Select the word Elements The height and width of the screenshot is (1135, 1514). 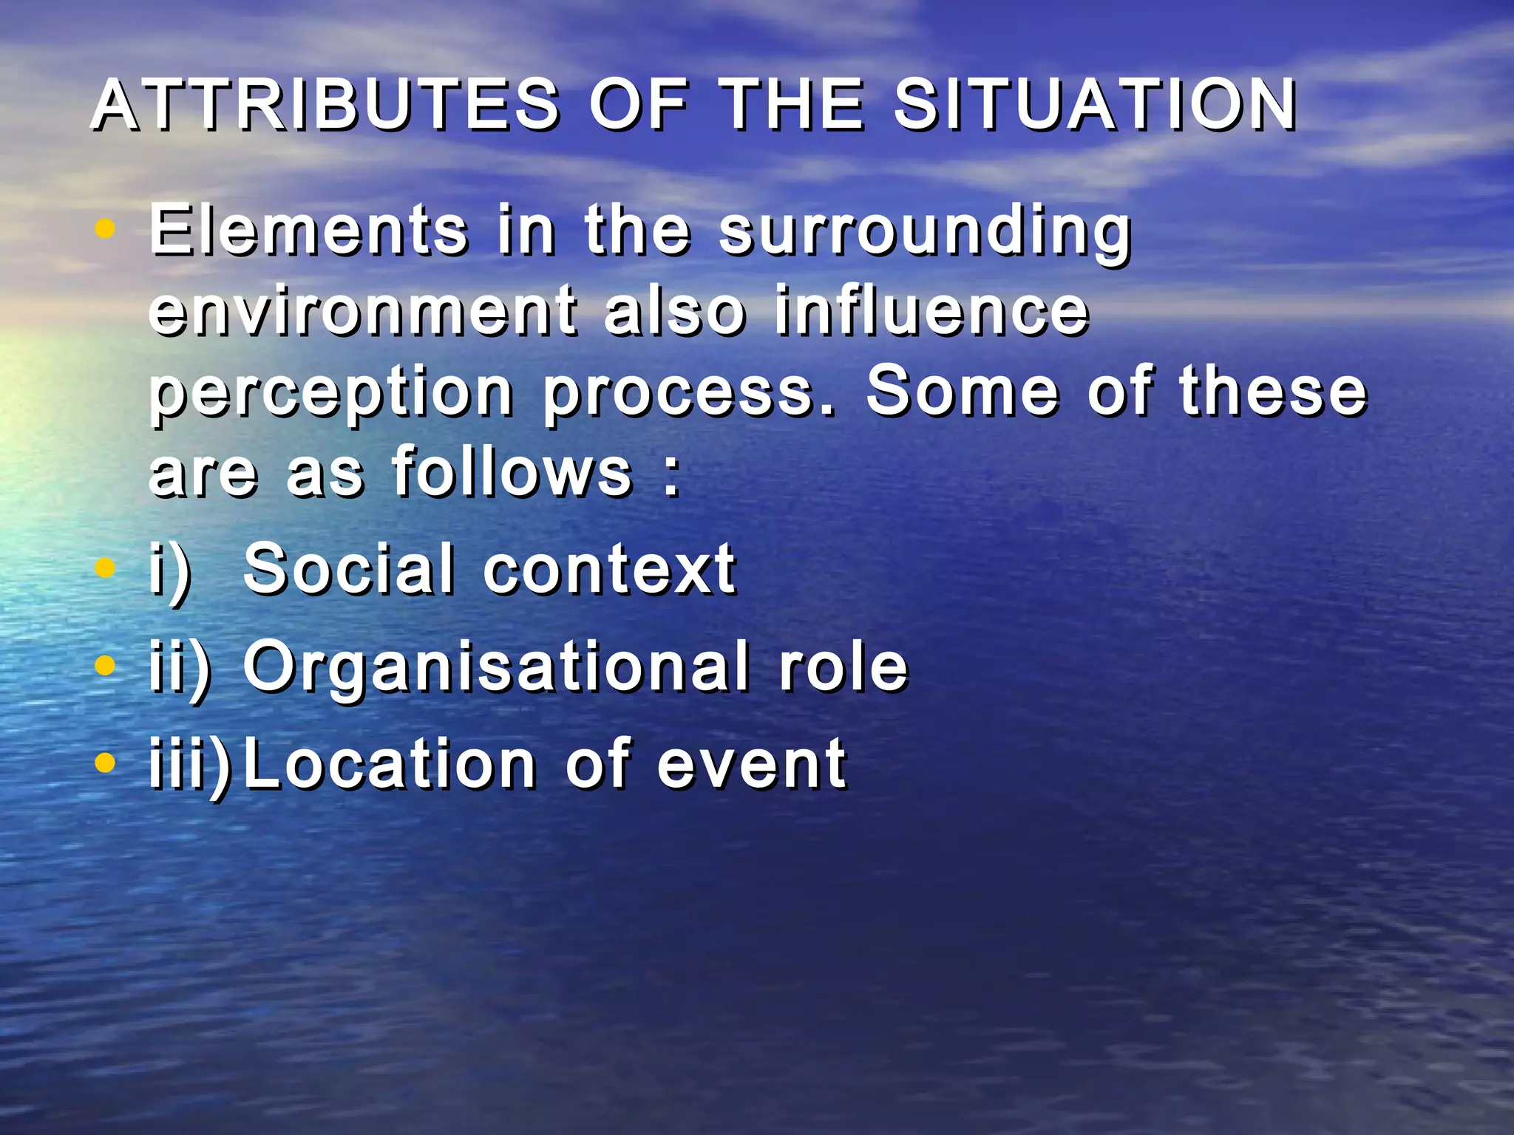(308, 230)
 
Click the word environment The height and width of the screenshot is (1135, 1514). (362, 311)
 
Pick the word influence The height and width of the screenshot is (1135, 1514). (931, 310)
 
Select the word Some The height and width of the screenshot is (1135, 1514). (962, 391)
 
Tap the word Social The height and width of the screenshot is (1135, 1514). (348, 568)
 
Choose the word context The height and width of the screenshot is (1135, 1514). (609, 570)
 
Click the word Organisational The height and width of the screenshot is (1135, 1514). (495, 667)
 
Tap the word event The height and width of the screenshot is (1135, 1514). (752, 765)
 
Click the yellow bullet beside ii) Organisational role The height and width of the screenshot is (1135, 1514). (106, 666)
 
